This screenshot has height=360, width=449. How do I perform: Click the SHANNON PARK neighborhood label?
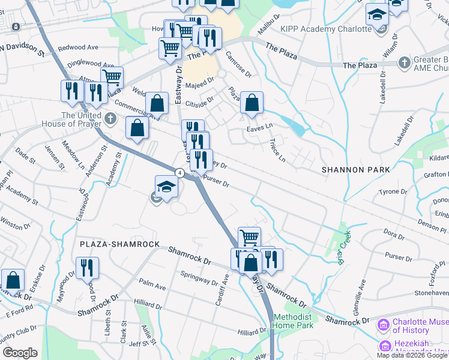[355, 170]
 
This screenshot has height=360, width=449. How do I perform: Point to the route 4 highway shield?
[179, 173]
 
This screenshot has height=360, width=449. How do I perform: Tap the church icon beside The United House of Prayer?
[110, 119]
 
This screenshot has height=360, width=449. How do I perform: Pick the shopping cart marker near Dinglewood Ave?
[112, 77]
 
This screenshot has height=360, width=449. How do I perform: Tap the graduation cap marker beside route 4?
[166, 187]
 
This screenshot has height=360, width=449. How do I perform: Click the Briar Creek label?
[339, 240]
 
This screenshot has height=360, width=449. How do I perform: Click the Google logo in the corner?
[20, 353]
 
